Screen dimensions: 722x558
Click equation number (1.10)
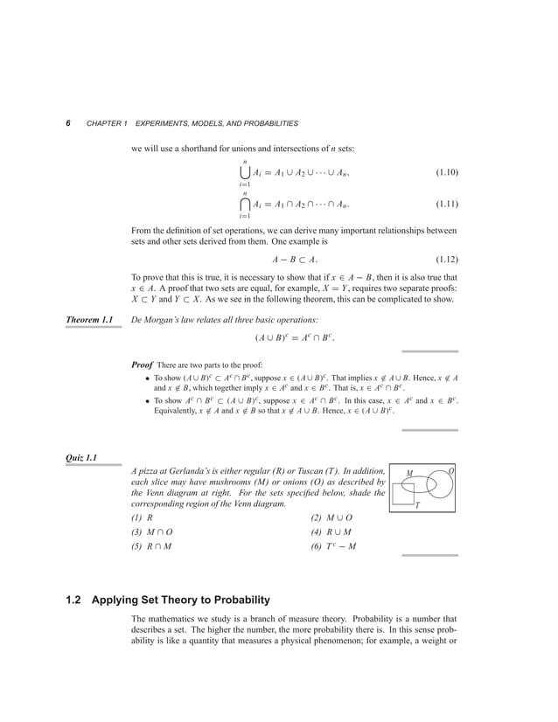pyautogui.click(x=450, y=173)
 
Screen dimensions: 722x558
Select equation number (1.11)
pyautogui.click(x=450, y=205)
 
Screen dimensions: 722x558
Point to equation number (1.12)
pyautogui.click(x=450, y=260)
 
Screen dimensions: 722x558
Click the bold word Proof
pyautogui.click(x=143, y=363)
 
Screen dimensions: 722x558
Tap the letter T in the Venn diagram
pyautogui.click(x=417, y=505)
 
